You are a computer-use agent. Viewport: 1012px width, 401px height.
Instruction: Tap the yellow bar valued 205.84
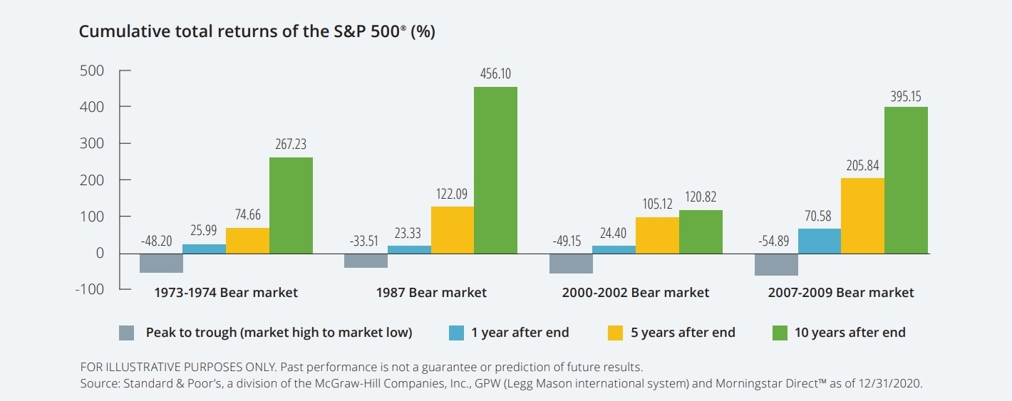click(862, 215)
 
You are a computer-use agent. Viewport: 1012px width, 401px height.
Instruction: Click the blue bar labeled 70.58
click(819, 241)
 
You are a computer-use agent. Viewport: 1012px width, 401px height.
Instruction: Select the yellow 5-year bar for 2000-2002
click(657, 235)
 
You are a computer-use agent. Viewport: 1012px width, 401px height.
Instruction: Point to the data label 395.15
click(906, 97)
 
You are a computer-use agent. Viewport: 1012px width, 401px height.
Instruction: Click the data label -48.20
click(156, 241)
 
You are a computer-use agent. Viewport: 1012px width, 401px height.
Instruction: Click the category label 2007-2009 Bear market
click(840, 293)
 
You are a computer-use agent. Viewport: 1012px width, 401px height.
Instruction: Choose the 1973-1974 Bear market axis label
click(226, 293)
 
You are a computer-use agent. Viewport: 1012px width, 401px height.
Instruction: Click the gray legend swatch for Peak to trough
click(127, 333)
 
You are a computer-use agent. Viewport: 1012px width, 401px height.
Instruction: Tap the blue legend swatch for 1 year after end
click(457, 333)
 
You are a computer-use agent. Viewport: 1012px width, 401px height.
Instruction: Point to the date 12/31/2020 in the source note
click(894, 384)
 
